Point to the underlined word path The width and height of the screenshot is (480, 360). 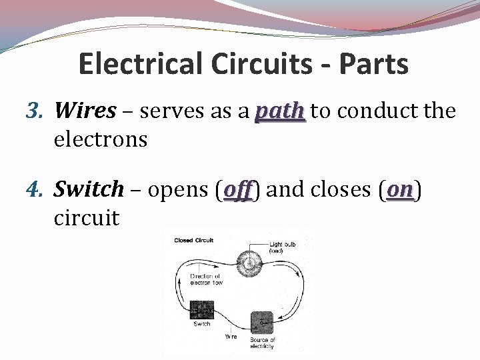[x=280, y=111]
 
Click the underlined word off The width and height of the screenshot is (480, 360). [x=238, y=190]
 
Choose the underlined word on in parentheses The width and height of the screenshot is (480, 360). [x=401, y=190]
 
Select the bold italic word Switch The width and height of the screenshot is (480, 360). [x=89, y=190]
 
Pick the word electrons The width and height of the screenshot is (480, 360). [x=100, y=139]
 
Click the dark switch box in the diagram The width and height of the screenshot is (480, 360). [x=201, y=310]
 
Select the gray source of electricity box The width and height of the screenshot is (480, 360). [x=262, y=323]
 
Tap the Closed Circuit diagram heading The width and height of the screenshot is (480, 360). [x=193, y=240]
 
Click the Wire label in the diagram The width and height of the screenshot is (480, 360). [x=231, y=337]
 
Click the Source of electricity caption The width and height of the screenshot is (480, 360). [x=262, y=344]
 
